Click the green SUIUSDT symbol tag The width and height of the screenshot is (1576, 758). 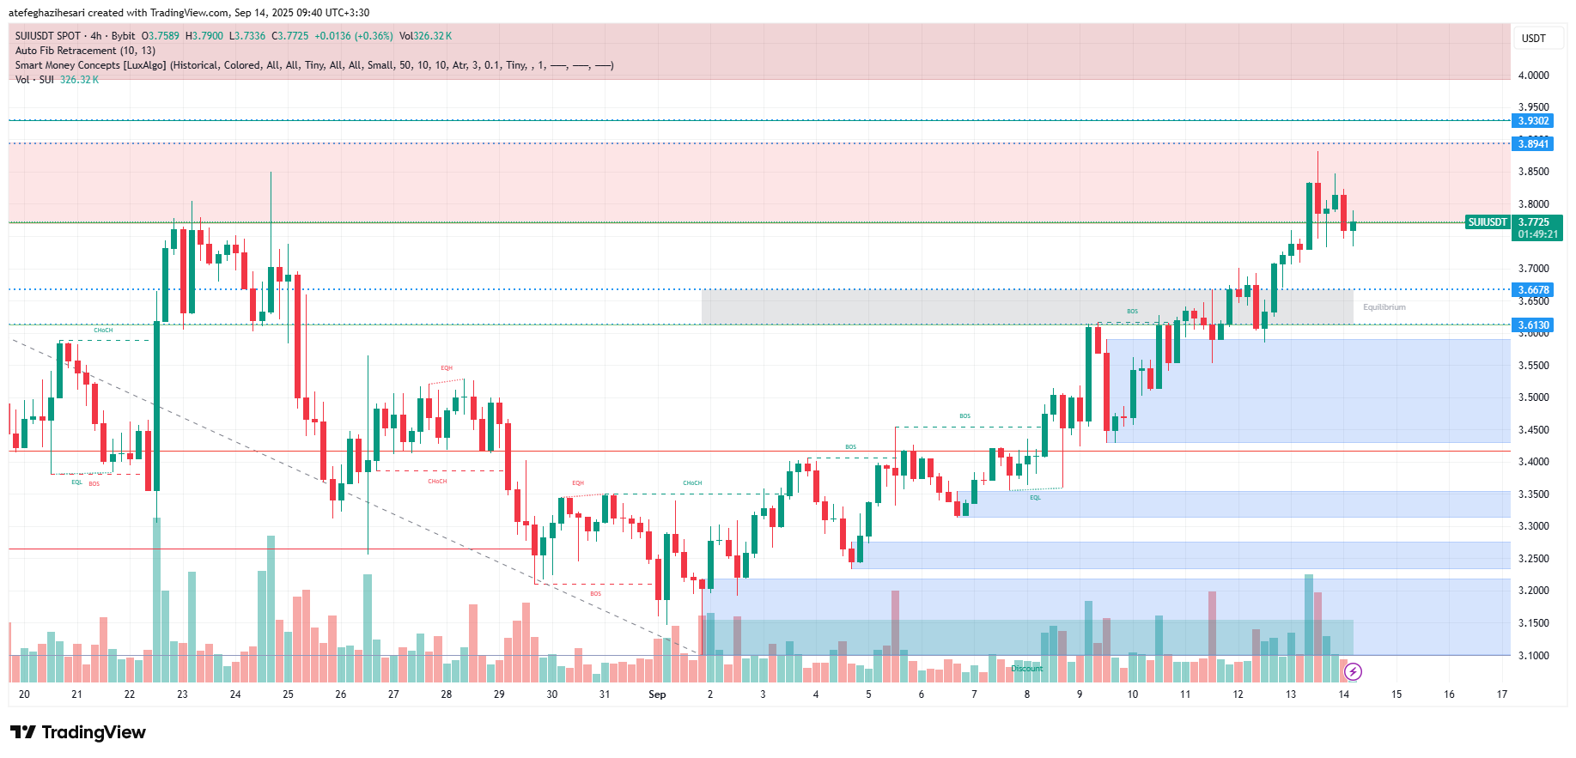click(x=1487, y=222)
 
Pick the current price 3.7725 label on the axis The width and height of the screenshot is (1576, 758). click(x=1536, y=222)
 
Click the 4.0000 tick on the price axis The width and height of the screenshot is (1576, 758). click(x=1533, y=76)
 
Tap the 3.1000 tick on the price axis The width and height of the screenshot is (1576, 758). click(x=1533, y=656)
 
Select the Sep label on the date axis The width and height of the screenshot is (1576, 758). click(x=657, y=694)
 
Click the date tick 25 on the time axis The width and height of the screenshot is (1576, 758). click(x=288, y=694)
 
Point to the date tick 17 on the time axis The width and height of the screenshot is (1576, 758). click(x=1501, y=694)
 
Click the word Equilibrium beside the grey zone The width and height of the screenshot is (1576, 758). click(x=1384, y=307)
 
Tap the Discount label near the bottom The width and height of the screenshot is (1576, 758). click(x=1026, y=669)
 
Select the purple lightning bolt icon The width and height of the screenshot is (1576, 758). click(x=1353, y=671)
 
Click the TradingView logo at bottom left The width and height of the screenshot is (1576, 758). click(x=78, y=732)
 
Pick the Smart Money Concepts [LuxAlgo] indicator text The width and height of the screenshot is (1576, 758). click(x=90, y=65)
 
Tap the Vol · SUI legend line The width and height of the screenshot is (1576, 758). click(x=34, y=80)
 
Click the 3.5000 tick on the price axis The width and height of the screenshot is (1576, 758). click(x=1533, y=397)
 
